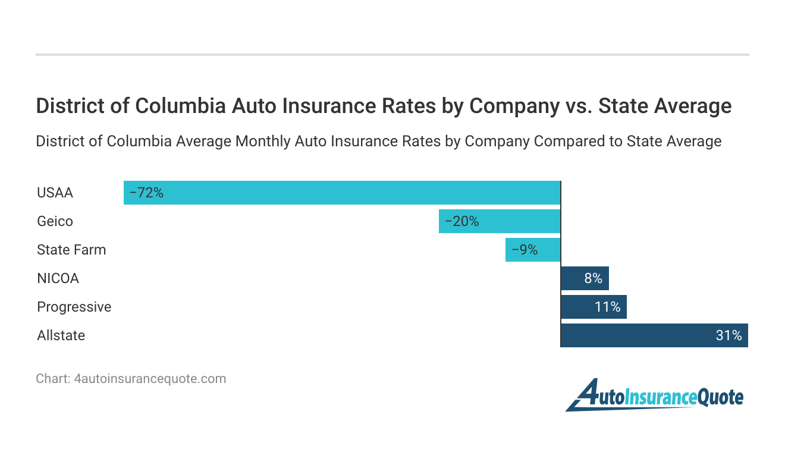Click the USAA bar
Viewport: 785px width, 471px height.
click(342, 193)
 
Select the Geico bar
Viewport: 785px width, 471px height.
click(500, 221)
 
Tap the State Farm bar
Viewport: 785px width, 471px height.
click(533, 250)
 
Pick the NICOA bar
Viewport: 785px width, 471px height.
click(585, 278)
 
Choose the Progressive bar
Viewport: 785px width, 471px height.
click(594, 307)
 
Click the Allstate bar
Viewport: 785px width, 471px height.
click(654, 335)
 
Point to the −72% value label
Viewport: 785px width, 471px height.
click(146, 193)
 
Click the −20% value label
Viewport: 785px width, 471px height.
click(461, 221)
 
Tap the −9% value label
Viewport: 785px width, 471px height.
click(525, 250)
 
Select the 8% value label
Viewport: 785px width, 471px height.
click(593, 278)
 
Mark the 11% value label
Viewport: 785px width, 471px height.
click(608, 307)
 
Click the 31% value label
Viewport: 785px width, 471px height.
click(729, 335)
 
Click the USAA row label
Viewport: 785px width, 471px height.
click(55, 193)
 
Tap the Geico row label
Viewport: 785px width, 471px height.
click(55, 221)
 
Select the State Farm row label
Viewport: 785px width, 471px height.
click(71, 250)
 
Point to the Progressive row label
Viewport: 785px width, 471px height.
click(74, 307)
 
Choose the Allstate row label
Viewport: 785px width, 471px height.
click(61, 335)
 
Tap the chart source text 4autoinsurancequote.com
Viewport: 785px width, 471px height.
click(150, 378)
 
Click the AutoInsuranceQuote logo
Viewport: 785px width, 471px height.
click(654, 395)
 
